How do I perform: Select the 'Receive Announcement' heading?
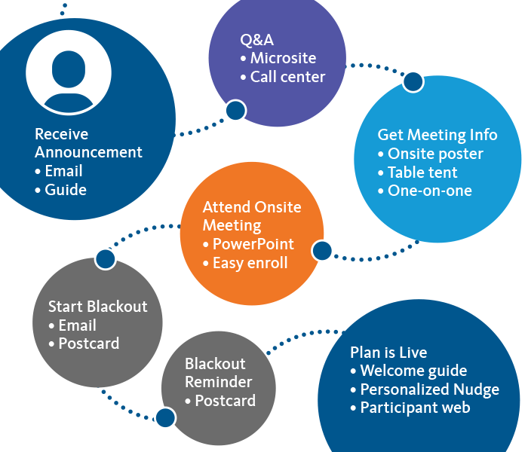tap(88, 143)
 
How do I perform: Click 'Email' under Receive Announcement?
tap(63, 171)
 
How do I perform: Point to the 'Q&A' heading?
tap(256, 39)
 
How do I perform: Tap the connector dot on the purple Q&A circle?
tap(236, 111)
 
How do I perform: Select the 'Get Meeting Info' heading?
tap(437, 135)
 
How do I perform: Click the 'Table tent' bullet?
tap(425, 173)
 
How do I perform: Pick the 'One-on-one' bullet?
tap(429, 191)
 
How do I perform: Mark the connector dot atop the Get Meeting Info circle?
tap(413, 81)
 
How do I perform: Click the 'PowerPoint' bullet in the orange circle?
tap(253, 245)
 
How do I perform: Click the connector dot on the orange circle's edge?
tap(322, 251)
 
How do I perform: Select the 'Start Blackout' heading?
tap(98, 307)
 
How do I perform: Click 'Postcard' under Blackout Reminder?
tap(225, 401)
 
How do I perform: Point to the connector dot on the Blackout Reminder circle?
tap(164, 415)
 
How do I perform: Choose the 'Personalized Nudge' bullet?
tap(429, 389)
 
